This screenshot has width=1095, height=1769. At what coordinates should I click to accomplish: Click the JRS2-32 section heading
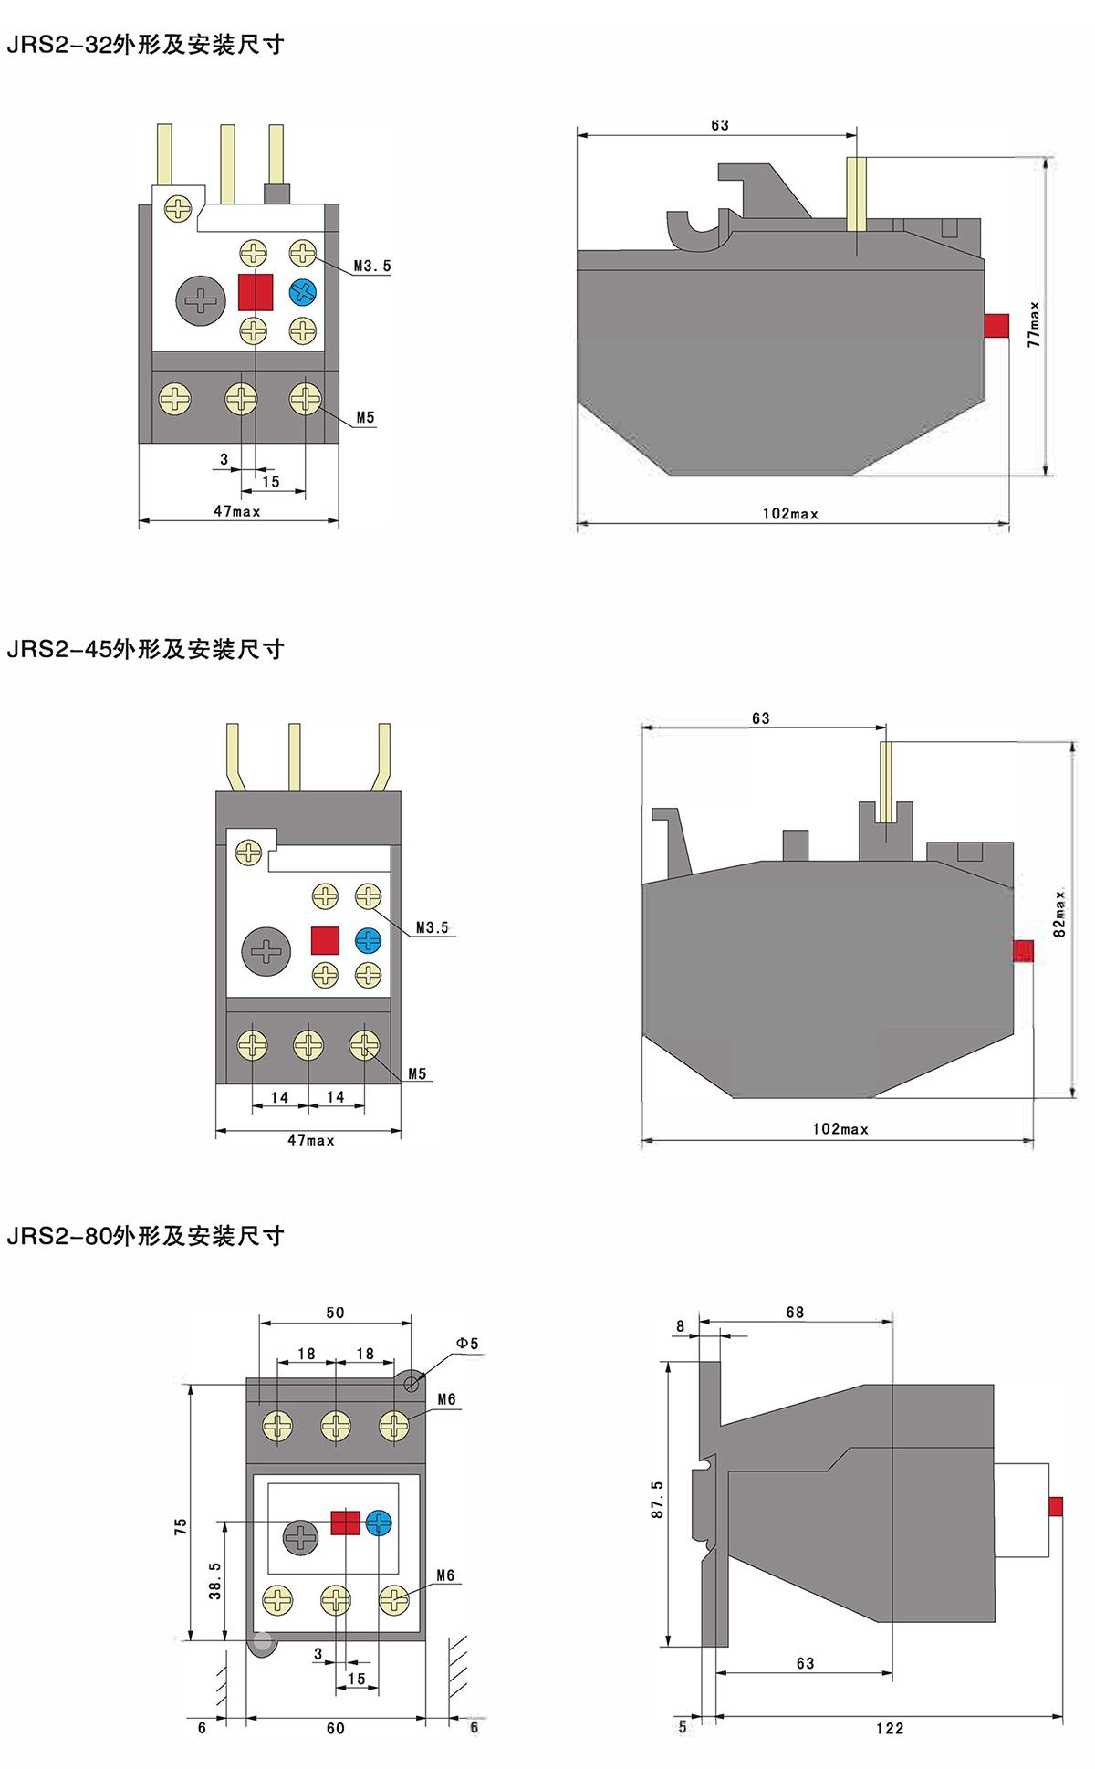coord(146,45)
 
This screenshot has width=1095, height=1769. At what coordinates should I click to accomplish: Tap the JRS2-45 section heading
coord(146,649)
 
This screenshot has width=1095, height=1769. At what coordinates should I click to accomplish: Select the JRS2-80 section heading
coord(146,1236)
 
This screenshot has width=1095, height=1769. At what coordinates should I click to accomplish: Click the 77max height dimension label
coord(1034,324)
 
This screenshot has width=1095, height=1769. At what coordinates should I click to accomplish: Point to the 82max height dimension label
coord(1059,914)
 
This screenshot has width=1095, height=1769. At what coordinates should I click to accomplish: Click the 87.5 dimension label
coord(657,1500)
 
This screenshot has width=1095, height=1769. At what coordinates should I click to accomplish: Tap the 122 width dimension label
coord(890,1728)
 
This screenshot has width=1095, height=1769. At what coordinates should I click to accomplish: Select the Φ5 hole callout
coord(467,1344)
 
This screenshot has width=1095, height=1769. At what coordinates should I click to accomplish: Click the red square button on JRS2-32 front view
coord(255,292)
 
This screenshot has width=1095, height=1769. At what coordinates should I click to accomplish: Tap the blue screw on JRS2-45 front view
coord(368,939)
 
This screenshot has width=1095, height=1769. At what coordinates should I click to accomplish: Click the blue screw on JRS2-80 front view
coord(379,1523)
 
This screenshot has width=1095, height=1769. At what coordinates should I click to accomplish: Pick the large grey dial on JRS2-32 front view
coord(200,300)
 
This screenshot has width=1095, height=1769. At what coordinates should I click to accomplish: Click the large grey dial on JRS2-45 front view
coord(266,951)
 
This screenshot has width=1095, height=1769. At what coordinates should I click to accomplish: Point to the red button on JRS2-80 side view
coord(1056,1506)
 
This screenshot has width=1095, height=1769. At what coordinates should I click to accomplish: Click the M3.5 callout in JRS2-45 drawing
coord(433,927)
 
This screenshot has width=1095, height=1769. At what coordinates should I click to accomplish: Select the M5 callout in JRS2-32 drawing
coord(365,417)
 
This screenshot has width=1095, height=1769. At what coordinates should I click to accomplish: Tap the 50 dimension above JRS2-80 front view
coord(335,1313)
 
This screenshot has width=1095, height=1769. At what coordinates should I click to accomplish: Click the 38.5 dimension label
coord(214,1580)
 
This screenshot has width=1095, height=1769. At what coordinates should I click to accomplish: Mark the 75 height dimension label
coord(181,1525)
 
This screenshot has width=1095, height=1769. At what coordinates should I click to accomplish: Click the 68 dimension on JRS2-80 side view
coord(795,1312)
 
